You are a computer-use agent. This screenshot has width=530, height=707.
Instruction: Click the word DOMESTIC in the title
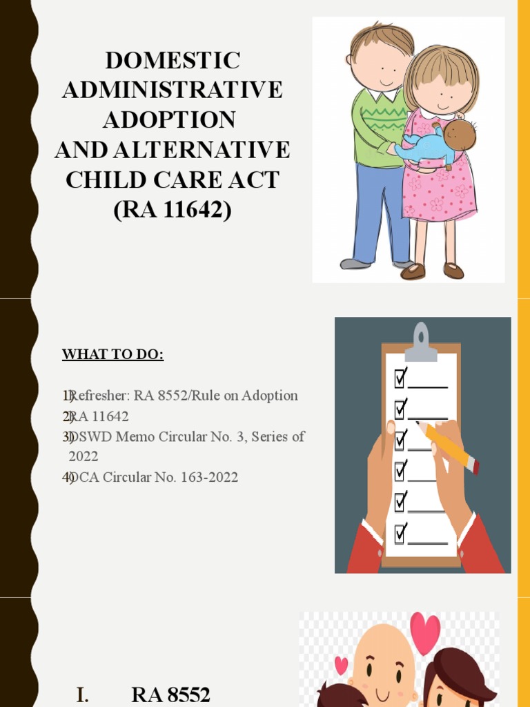click(173, 60)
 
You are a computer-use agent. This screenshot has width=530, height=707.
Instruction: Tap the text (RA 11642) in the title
click(173, 209)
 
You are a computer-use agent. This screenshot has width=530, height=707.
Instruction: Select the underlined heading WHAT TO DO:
click(112, 355)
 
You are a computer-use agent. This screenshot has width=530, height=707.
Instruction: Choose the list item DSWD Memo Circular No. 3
click(186, 437)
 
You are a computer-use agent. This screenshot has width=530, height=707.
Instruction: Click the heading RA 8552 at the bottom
click(170, 695)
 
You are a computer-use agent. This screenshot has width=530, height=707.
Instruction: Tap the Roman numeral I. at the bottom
click(82, 695)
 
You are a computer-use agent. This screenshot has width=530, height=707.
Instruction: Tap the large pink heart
click(424, 632)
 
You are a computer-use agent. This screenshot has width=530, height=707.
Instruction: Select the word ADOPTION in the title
click(169, 119)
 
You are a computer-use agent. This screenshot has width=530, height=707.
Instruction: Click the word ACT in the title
click(259, 179)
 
